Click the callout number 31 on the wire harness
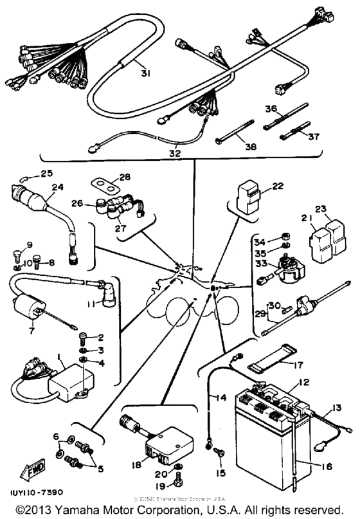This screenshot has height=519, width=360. tap(145, 73)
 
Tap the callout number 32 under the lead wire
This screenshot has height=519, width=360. tap(175, 154)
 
